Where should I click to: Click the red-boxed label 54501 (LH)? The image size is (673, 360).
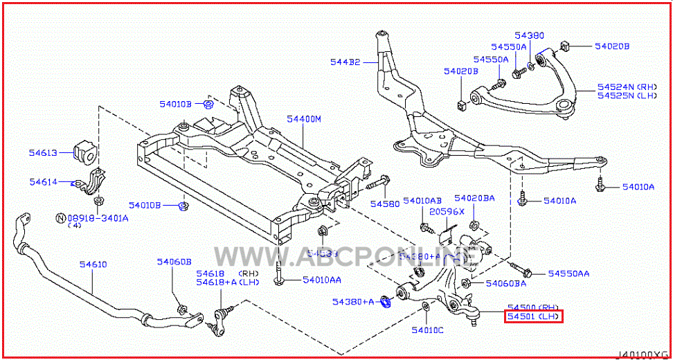pyautogui.click(x=533, y=317)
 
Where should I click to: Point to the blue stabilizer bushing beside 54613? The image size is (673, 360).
pyautogui.click(x=84, y=153)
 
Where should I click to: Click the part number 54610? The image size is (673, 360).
pyautogui.click(x=93, y=265)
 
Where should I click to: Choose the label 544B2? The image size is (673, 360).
pyautogui.click(x=345, y=62)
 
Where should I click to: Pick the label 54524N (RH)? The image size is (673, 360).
pyautogui.click(x=627, y=87)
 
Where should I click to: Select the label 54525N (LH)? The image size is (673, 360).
pyautogui.click(x=627, y=96)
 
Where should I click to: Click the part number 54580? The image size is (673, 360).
pyautogui.click(x=384, y=204)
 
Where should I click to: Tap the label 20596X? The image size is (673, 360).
pyautogui.click(x=447, y=212)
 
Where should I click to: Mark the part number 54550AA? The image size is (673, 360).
pyautogui.click(x=568, y=274)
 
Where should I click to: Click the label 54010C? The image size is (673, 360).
pyautogui.click(x=427, y=330)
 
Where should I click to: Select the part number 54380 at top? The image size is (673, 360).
pyautogui.click(x=529, y=35)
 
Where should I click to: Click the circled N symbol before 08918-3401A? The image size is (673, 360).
pyautogui.click(x=60, y=218)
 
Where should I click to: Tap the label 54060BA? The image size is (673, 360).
pyautogui.click(x=505, y=283)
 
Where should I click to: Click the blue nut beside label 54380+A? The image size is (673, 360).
pyautogui.click(x=387, y=302)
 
